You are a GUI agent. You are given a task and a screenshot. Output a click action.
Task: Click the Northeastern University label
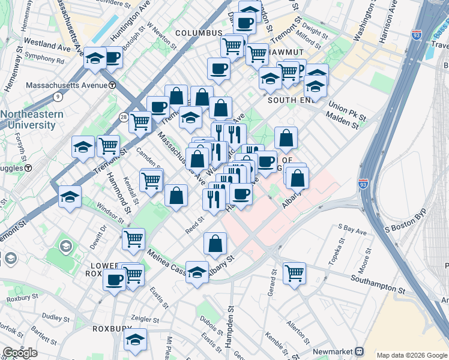pyautogui.click(x=28, y=119)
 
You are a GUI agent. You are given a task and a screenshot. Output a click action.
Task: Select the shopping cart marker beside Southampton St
pyautogui.click(x=294, y=273)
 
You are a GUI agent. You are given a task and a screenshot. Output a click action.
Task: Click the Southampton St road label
pyautogui.click(x=380, y=278)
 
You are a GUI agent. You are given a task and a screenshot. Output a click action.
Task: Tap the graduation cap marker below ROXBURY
pyautogui.click(x=136, y=340)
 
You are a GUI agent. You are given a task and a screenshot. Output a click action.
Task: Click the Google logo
pyautogui.click(x=20, y=353)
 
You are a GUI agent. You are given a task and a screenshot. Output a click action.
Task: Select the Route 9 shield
pyautogui.click(x=57, y=96)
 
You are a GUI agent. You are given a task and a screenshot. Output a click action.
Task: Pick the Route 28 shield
pyautogui.click(x=123, y=117)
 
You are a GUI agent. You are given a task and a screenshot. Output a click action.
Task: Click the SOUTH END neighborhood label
pyautogui.click(x=291, y=100)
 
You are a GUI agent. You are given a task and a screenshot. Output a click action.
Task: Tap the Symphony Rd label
pyautogui.click(x=44, y=61)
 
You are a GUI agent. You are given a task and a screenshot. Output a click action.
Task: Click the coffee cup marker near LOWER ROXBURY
pyautogui.click(x=114, y=280)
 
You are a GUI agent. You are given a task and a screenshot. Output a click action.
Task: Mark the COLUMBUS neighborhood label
pyautogui.click(x=199, y=33)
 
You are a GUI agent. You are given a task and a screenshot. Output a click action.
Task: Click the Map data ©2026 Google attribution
pyautogui.click(x=412, y=355)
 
